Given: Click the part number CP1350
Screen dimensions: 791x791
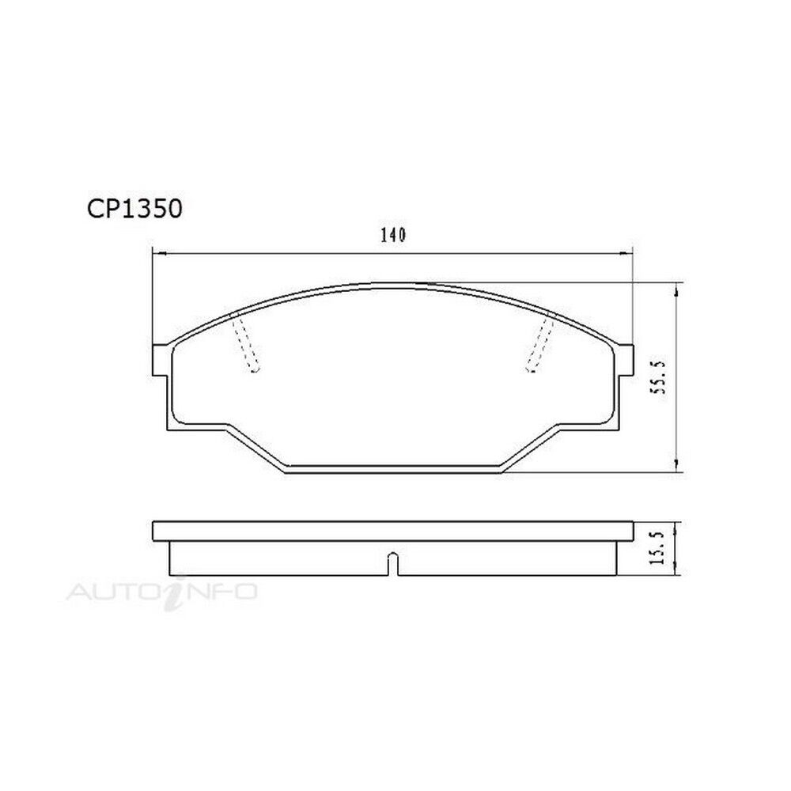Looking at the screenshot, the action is pos(134,209).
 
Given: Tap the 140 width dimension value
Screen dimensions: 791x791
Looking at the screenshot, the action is pos(392,235).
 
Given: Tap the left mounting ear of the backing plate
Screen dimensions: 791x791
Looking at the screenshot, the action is pos(160,360).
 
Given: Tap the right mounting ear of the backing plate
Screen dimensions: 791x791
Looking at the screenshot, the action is pos(625,360).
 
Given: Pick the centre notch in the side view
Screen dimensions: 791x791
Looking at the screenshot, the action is pos(392,565).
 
